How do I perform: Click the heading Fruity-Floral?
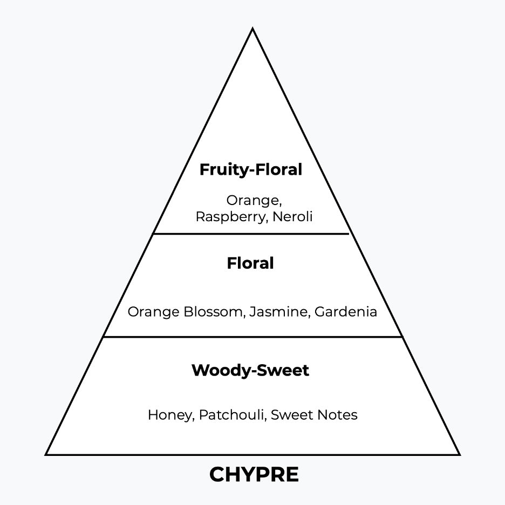pos(251,170)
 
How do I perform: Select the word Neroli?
pos(292,217)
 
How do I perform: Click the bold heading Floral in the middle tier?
pos(250,263)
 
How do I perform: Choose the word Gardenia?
pos(346,312)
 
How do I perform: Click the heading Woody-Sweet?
pos(250,371)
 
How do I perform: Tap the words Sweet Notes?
pos(314,415)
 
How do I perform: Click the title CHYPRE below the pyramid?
pos(254,474)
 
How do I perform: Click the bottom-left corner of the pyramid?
pos(46,454)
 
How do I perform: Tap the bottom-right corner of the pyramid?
pos(459,454)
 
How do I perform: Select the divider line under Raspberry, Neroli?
pos(251,234)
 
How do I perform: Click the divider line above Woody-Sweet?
pos(252,337)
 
